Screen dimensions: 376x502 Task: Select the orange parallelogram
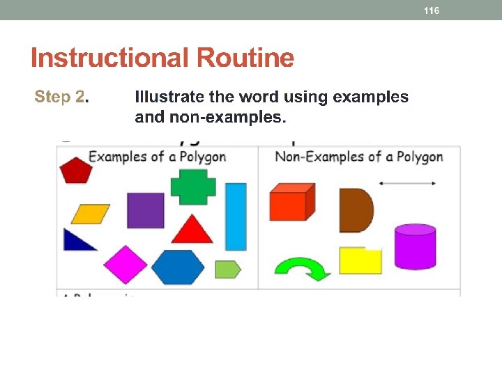click(x=91, y=214)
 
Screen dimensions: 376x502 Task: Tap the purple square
click(x=146, y=210)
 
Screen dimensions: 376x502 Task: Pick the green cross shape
click(x=193, y=187)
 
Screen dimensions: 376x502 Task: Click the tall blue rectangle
click(x=236, y=217)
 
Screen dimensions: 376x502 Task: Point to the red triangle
click(x=192, y=229)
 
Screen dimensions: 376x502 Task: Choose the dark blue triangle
click(x=77, y=241)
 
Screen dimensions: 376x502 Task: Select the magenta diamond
click(x=125, y=265)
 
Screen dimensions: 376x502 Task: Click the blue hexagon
click(x=178, y=267)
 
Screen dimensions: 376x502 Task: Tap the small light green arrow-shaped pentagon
click(x=227, y=269)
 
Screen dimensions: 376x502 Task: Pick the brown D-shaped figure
click(x=355, y=210)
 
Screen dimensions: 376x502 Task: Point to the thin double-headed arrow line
click(x=407, y=183)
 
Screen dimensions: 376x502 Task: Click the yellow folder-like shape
click(x=360, y=260)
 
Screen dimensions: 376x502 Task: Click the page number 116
click(x=432, y=10)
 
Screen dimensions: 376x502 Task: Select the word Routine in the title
click(x=245, y=58)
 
